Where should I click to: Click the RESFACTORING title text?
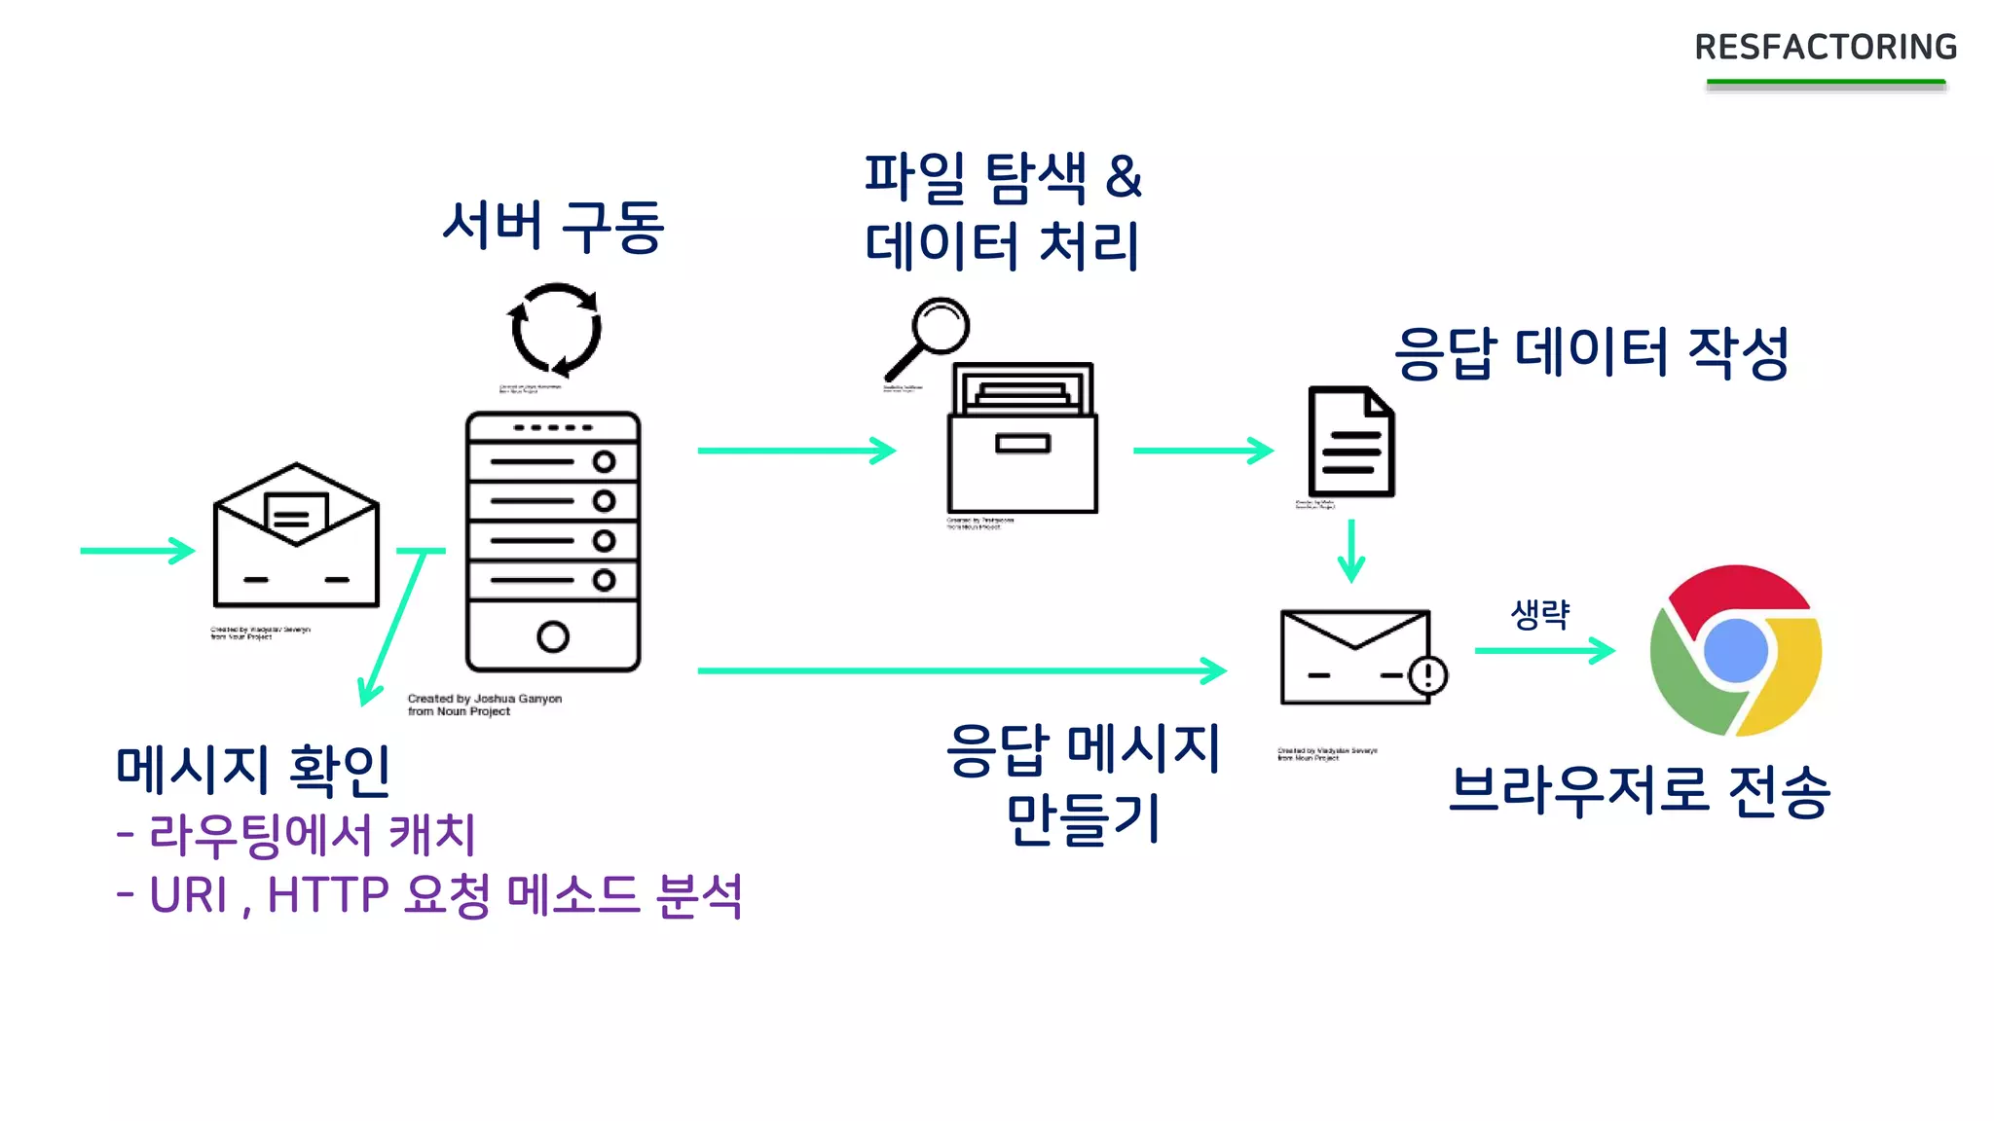pyautogui.click(x=1826, y=47)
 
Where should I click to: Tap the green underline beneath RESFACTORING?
pyautogui.click(x=1826, y=84)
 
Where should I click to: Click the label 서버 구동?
pyautogui.click(x=552, y=227)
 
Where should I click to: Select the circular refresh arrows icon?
pyautogui.click(x=555, y=330)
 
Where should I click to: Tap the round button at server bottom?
pyautogui.click(x=552, y=636)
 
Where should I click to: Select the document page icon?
pyautogui.click(x=1350, y=442)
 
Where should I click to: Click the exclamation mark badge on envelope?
pyautogui.click(x=1427, y=674)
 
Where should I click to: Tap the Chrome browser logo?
pyautogui.click(x=1736, y=650)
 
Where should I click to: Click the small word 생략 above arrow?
pyautogui.click(x=1539, y=614)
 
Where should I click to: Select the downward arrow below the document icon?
pyautogui.click(x=1350, y=551)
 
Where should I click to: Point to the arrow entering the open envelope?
pyautogui.click(x=136, y=551)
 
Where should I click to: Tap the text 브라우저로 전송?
pyautogui.click(x=1640, y=790)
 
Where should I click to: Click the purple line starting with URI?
pyautogui.click(x=428, y=894)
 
